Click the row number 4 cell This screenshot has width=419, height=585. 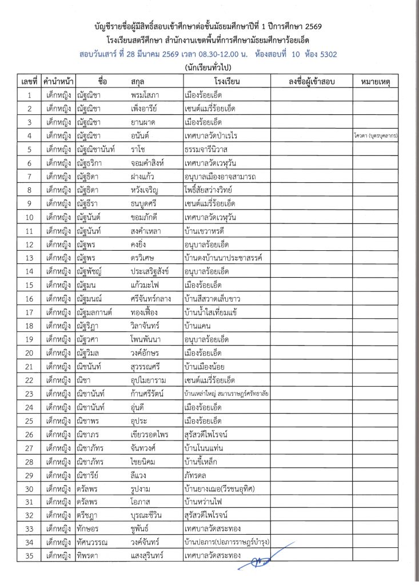(29, 135)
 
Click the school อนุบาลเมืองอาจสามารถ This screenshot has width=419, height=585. (220, 177)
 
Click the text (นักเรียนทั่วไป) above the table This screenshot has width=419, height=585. (209, 68)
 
